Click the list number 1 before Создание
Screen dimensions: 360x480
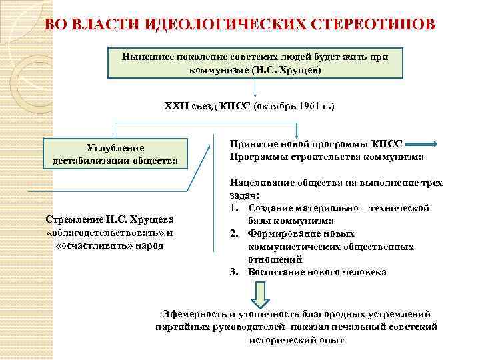234,208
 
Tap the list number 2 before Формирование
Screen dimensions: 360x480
234,233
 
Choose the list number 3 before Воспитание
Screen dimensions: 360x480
234,271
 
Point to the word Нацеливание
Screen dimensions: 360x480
262,183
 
